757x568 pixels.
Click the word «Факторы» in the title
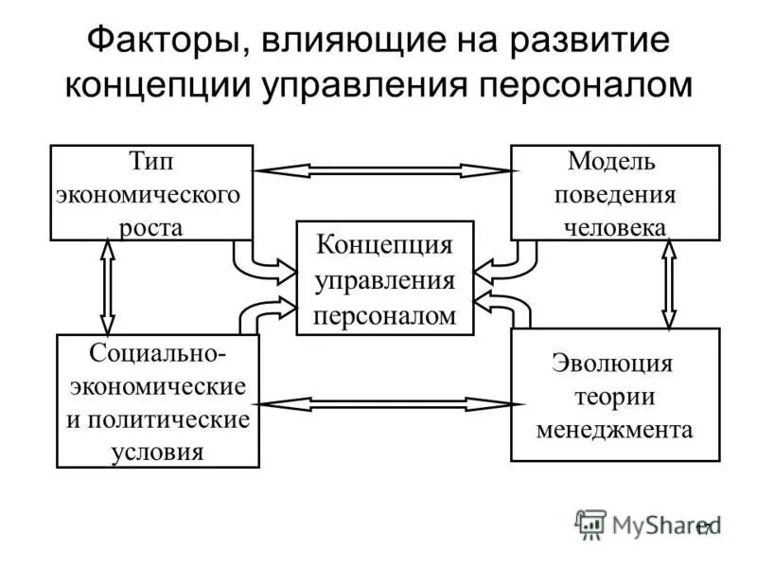point(160,42)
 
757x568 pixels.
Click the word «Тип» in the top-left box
point(151,161)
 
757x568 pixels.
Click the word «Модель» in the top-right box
point(613,161)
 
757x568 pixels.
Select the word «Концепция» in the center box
point(384,244)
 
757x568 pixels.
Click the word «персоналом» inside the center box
point(384,314)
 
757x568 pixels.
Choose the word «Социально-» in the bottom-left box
point(158,352)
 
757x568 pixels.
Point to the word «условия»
point(158,450)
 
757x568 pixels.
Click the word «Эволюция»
point(613,364)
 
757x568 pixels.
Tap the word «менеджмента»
point(615,429)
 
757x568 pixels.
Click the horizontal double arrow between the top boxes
point(382,170)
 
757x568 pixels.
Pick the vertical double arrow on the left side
point(108,287)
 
